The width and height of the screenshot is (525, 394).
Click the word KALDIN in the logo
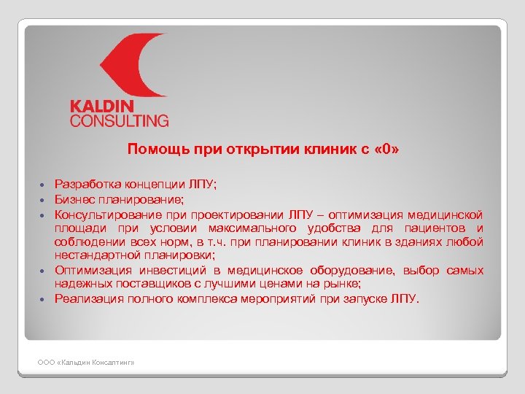click(105, 107)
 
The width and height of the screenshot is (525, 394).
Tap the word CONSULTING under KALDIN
click(119, 120)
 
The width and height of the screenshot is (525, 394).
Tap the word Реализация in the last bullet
click(86, 298)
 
